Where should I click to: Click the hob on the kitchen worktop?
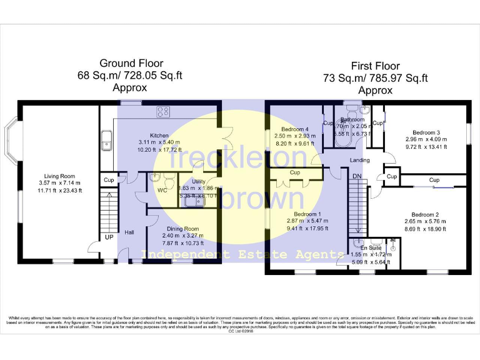164,112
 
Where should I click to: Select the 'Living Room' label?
59,176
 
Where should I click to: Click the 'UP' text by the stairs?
109,238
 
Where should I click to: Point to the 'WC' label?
162,191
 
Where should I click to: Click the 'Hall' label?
129,232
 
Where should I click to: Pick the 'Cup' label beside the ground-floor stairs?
109,180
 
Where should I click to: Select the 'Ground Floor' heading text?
132,63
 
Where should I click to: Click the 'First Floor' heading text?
375,66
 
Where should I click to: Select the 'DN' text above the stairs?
357,177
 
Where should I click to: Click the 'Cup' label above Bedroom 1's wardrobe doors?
295,172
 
